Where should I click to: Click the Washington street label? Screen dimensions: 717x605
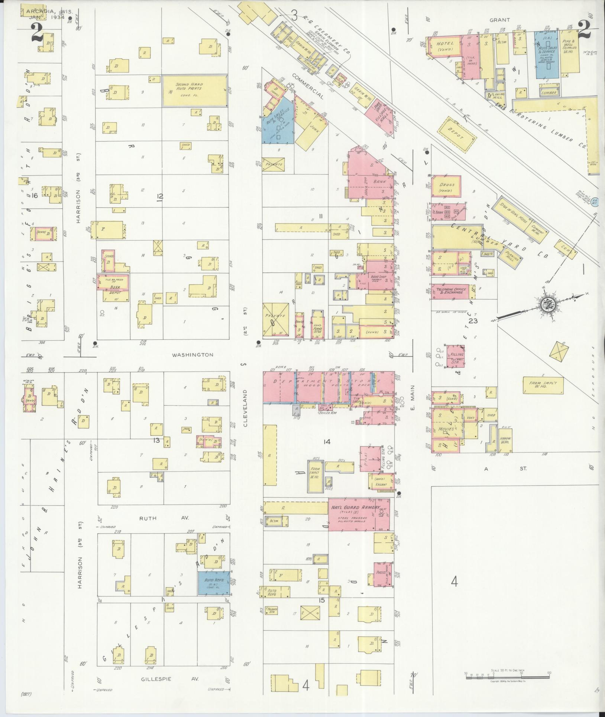(192, 355)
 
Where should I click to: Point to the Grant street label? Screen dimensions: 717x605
(499, 20)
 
